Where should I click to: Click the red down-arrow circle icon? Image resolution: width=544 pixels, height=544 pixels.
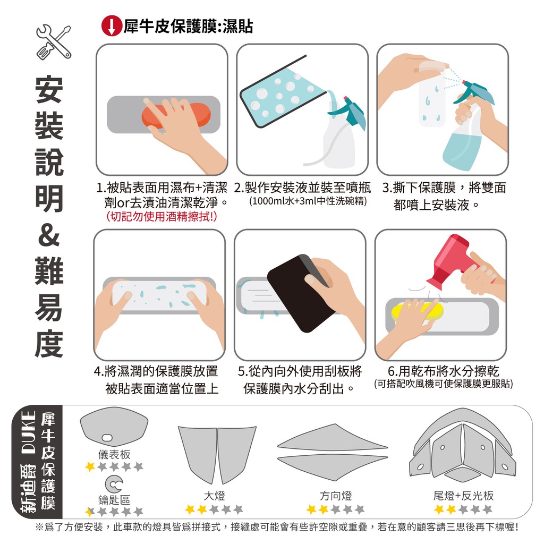(x=112, y=26)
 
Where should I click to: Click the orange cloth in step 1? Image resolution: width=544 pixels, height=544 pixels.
(x=176, y=115)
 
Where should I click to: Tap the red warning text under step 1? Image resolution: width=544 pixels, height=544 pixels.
(x=161, y=217)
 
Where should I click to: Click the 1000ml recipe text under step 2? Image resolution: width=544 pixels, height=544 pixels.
(x=308, y=201)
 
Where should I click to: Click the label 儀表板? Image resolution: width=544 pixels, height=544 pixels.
(x=114, y=454)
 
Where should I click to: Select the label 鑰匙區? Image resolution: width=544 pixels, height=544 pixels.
(x=114, y=499)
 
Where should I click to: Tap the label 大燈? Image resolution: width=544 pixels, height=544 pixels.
(x=214, y=496)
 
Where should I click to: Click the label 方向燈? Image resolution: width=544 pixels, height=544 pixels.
(x=336, y=496)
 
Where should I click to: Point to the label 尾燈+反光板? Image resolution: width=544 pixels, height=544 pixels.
(x=463, y=496)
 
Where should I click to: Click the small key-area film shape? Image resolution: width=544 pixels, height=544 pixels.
(x=114, y=483)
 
